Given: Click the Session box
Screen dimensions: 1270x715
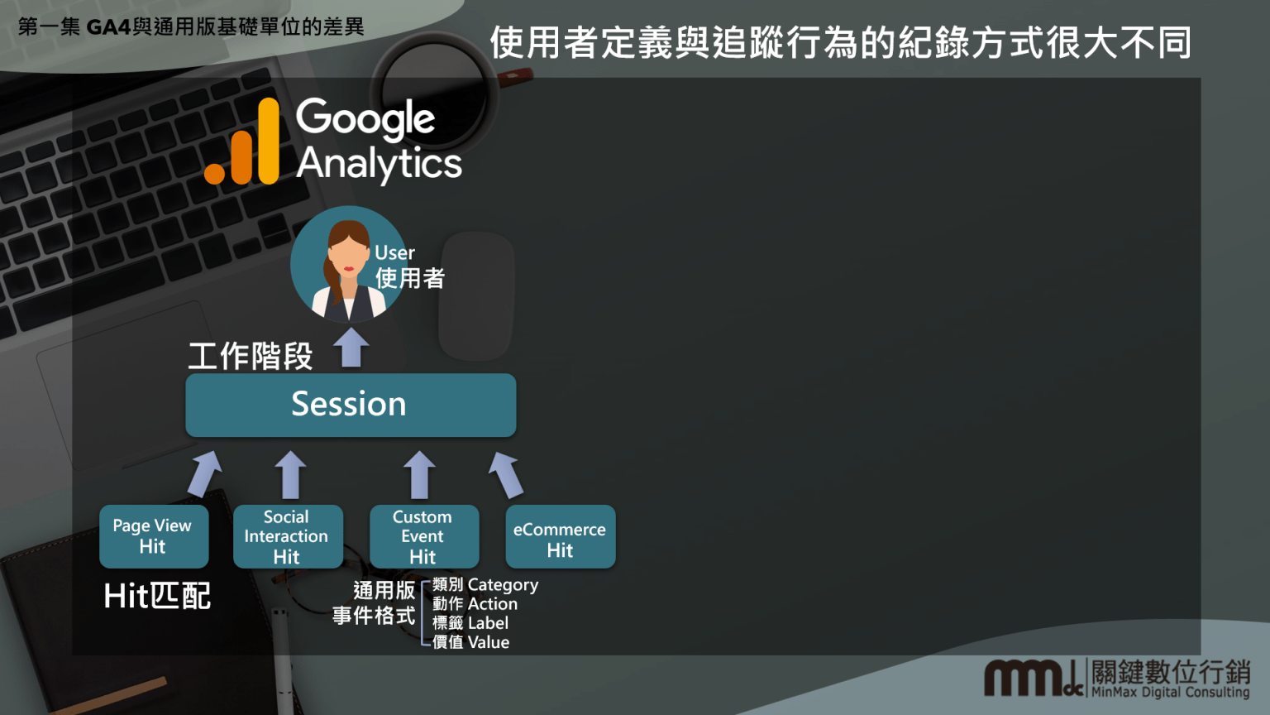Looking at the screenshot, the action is [x=351, y=405].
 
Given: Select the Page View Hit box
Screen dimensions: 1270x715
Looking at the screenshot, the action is [x=153, y=536].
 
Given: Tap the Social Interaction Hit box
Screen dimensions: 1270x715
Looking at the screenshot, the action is [x=287, y=536].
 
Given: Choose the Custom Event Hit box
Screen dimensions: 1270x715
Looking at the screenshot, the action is [x=423, y=536].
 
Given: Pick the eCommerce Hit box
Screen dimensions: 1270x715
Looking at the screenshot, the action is [x=560, y=536].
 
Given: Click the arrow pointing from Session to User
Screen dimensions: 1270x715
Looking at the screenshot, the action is [x=352, y=347].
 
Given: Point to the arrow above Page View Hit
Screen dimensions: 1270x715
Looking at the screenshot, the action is [x=204, y=473].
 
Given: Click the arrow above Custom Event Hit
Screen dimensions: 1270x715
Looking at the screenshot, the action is [x=419, y=474].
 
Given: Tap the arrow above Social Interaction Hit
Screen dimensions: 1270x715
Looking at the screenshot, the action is [x=290, y=474].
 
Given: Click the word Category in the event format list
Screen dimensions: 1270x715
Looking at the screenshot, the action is [x=503, y=585].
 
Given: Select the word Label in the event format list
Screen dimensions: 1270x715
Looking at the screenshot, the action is [x=488, y=623].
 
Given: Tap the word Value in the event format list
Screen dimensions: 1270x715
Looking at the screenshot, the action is [x=488, y=642].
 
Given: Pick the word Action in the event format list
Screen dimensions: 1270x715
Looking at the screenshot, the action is [x=492, y=604].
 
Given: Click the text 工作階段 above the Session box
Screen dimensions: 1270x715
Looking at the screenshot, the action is [x=250, y=357].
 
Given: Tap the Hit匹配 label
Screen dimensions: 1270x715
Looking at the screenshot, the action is [x=157, y=596].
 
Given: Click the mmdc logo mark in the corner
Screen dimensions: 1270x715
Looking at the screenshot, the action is [x=1033, y=678].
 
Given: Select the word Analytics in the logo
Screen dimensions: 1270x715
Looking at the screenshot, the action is [x=379, y=163].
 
